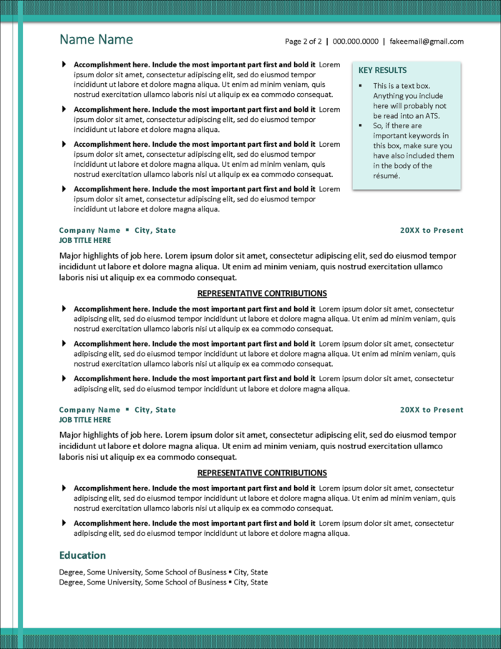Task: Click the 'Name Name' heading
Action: (x=96, y=39)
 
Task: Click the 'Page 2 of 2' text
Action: (x=303, y=42)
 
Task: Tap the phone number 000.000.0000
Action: (x=356, y=42)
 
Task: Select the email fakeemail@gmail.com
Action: (x=427, y=42)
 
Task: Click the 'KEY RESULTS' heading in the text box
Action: (x=382, y=71)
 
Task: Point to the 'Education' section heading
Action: (x=82, y=555)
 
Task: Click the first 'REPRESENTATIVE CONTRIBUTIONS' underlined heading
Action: (x=262, y=294)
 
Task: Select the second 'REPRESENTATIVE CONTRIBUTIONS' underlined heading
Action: (x=262, y=473)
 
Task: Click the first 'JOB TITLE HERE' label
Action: (x=85, y=241)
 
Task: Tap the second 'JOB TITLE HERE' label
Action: (x=85, y=420)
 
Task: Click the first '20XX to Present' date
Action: (x=432, y=231)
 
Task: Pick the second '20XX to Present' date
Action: (x=432, y=410)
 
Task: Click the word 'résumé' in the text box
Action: (x=386, y=176)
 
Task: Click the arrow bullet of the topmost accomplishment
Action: (x=64, y=64)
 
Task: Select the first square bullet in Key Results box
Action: (x=361, y=86)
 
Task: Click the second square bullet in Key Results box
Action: (x=361, y=126)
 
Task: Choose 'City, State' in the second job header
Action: (x=155, y=410)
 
